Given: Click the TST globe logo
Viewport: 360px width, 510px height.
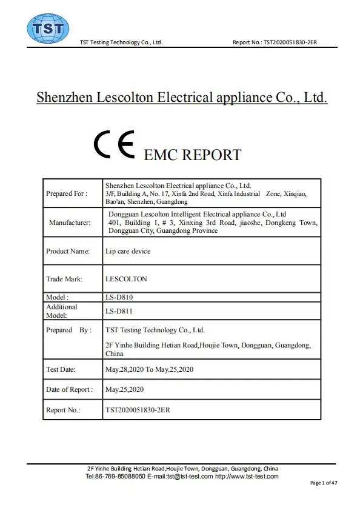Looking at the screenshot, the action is (x=48, y=28).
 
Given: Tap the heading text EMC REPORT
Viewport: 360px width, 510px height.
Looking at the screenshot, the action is (x=192, y=155).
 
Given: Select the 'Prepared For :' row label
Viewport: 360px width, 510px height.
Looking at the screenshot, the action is (x=67, y=193).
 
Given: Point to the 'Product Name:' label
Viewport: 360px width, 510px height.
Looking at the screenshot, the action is (x=68, y=251).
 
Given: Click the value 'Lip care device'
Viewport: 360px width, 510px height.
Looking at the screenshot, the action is (x=128, y=251).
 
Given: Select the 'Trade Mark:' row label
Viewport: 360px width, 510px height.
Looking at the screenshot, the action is (x=64, y=280).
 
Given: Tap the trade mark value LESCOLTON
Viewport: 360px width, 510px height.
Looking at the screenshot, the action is (x=126, y=280).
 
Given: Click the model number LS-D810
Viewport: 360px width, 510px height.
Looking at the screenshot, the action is (x=119, y=297).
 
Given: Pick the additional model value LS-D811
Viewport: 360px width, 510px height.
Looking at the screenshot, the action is (x=119, y=311).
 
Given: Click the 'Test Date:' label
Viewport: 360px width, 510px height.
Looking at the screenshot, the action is (x=61, y=369).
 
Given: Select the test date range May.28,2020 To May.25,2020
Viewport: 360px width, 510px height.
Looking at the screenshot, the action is (x=149, y=369).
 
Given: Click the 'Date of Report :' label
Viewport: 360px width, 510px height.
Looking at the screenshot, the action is (x=70, y=389).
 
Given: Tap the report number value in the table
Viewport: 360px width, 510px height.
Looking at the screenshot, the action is (x=138, y=410).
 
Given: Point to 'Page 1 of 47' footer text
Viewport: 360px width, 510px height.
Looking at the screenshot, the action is (x=324, y=483).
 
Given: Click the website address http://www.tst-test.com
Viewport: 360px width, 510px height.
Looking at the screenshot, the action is (x=247, y=477).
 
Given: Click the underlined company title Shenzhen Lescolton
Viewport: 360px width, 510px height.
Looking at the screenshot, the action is (x=182, y=97).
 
